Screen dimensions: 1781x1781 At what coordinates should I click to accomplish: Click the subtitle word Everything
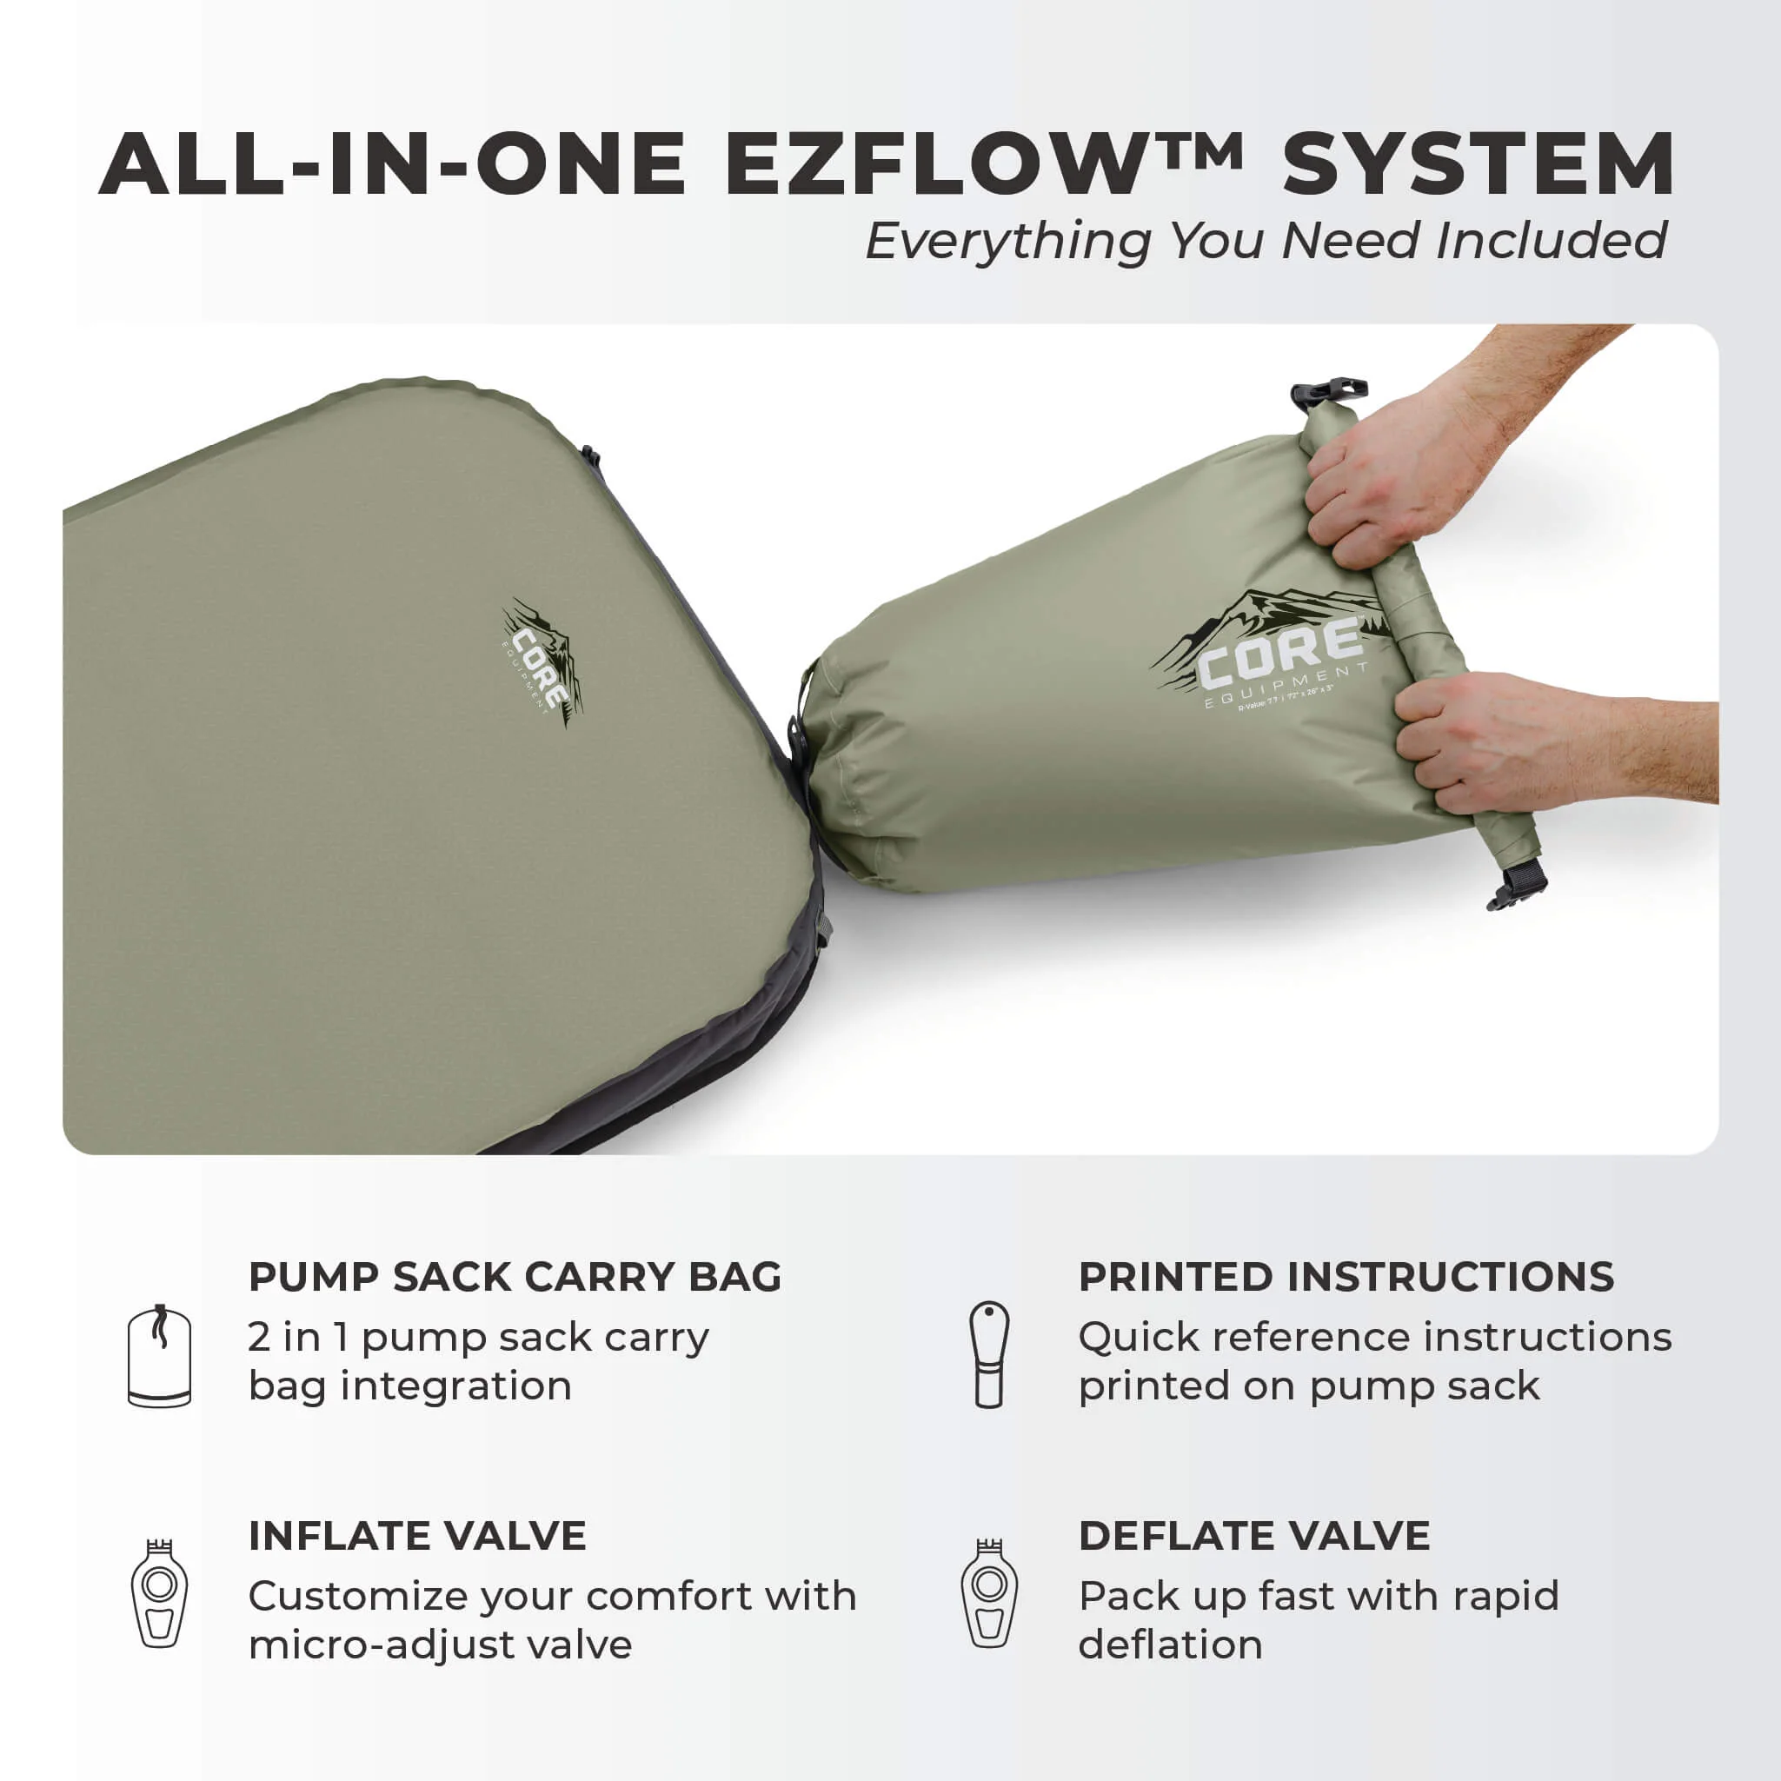(1007, 242)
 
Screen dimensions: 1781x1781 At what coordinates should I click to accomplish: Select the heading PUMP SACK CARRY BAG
(515, 1278)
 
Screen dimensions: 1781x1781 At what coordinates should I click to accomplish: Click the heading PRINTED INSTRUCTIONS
(1346, 1278)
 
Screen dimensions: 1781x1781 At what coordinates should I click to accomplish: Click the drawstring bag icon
(159, 1355)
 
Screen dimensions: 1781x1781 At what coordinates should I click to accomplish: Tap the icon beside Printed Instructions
(989, 1354)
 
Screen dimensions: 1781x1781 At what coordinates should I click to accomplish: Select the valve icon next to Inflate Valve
(159, 1594)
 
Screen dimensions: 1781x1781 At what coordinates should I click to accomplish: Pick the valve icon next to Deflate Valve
(989, 1594)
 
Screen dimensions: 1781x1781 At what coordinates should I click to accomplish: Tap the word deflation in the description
(1170, 1645)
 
